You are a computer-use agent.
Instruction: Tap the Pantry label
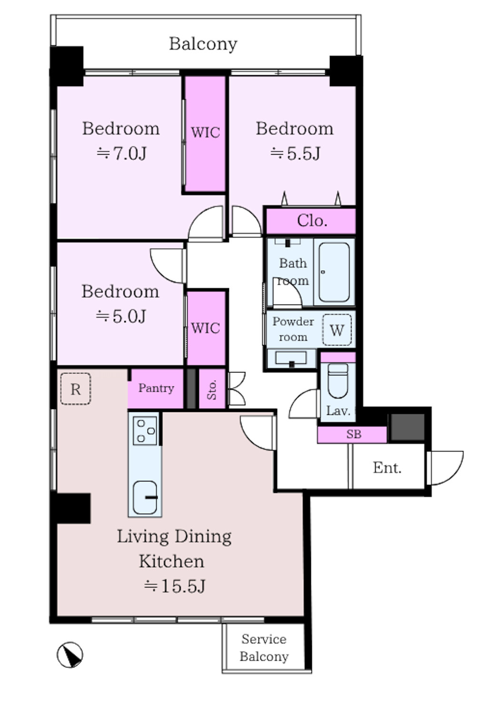pos(156,388)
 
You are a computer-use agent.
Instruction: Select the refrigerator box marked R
pos(76,389)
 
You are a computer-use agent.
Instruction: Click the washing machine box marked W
pos(337,330)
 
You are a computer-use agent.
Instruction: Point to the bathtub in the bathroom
pos(334,272)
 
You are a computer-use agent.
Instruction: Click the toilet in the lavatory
pos(338,381)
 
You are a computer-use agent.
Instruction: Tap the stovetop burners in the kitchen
pos(145,431)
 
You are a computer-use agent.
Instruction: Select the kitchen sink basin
pos(145,498)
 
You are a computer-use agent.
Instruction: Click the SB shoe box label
pos(353,434)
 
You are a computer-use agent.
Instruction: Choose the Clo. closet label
pos(312,221)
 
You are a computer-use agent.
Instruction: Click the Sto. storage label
pos(212,389)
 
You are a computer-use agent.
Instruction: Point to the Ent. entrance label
pos(387,468)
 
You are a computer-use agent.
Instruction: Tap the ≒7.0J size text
pos(121,154)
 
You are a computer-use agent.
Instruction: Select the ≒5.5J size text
pos(295,154)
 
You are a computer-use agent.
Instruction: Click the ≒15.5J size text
pos(175,586)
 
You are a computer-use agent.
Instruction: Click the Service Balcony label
pos(264,648)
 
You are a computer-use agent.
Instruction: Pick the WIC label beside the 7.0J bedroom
pos(205,132)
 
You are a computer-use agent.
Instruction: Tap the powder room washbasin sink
pos(291,358)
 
